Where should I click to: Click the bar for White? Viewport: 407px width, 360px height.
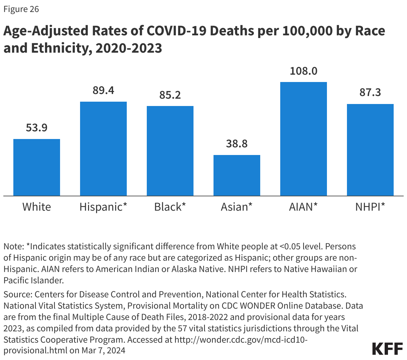pos(37,167)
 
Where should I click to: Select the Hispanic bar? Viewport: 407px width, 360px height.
pos(103,149)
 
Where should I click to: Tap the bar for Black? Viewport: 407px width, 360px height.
pos(170,151)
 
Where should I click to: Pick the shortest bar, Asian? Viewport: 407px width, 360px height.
pos(237,175)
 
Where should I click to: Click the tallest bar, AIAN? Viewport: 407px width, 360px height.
pos(304,139)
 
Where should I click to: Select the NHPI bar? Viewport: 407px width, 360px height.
pos(370,150)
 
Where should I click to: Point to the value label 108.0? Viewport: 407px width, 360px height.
pos(304,71)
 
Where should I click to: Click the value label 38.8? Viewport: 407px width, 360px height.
pos(237,144)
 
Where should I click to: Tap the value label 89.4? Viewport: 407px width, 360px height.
pos(103,90)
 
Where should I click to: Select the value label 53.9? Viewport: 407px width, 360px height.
pos(37,128)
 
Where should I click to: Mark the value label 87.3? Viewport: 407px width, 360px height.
pos(370,92)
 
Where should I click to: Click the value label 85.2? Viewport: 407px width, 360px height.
pos(170,95)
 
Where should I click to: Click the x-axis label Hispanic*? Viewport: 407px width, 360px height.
pos(103,207)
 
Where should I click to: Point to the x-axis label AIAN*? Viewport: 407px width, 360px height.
pos(303,207)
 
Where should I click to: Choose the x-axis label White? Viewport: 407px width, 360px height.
pos(37,207)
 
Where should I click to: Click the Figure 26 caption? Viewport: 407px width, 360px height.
pos(21,9)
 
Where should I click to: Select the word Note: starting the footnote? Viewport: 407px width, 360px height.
pos(14,247)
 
